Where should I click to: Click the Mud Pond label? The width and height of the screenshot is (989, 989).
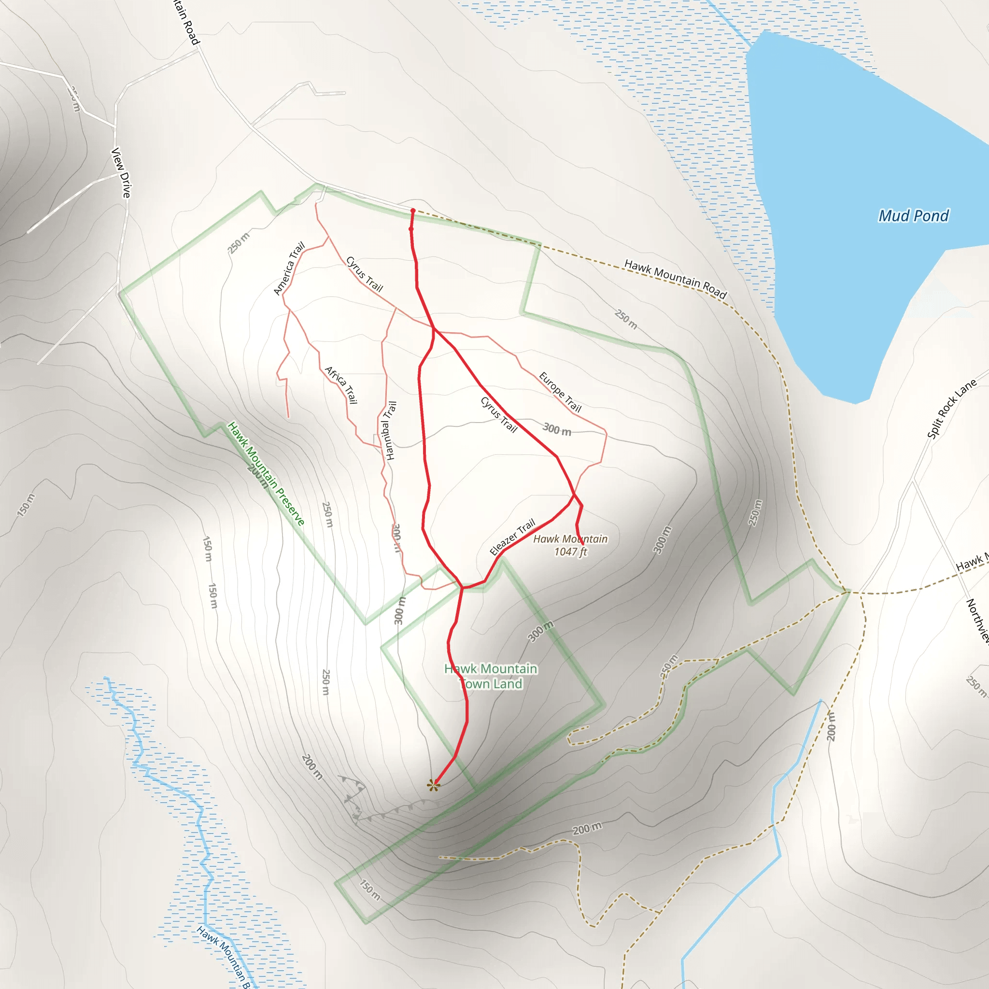(x=913, y=215)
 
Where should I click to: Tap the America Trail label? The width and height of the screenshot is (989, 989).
(x=289, y=268)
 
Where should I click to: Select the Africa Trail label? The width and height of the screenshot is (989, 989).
(x=341, y=385)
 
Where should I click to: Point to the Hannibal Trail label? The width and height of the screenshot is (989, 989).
(x=390, y=430)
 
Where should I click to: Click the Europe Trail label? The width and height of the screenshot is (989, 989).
(x=561, y=392)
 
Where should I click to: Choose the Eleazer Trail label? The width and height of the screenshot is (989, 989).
(x=512, y=537)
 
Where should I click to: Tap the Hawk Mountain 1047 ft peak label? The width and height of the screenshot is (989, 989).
(x=570, y=545)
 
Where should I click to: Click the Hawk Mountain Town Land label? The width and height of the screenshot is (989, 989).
(x=491, y=676)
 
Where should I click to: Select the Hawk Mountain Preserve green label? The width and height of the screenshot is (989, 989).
(x=266, y=474)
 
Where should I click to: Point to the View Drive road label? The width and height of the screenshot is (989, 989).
(x=121, y=172)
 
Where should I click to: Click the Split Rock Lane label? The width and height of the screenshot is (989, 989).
(x=952, y=409)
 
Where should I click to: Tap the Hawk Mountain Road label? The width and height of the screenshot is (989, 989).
(x=675, y=279)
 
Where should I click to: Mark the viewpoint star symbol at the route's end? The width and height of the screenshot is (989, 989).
(x=434, y=785)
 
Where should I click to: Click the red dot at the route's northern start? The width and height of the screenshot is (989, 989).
(x=412, y=211)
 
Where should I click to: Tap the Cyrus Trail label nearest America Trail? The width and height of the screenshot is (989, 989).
(x=365, y=274)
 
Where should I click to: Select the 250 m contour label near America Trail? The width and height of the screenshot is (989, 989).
(x=239, y=242)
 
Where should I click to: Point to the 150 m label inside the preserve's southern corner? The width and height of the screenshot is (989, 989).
(x=369, y=890)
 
